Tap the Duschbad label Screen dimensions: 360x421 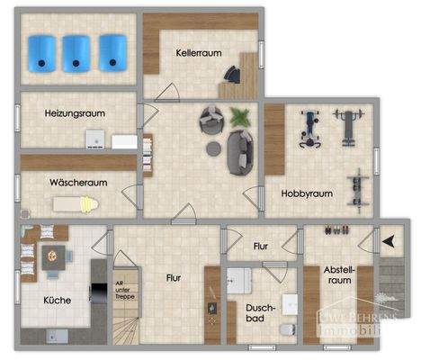pyautogui.click(x=261, y=312)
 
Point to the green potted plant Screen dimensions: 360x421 pyautogui.click(x=240, y=116)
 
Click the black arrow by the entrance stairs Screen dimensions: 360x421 pyautogui.click(x=389, y=241)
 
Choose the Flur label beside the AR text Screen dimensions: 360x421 pyautogui.click(x=174, y=278)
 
